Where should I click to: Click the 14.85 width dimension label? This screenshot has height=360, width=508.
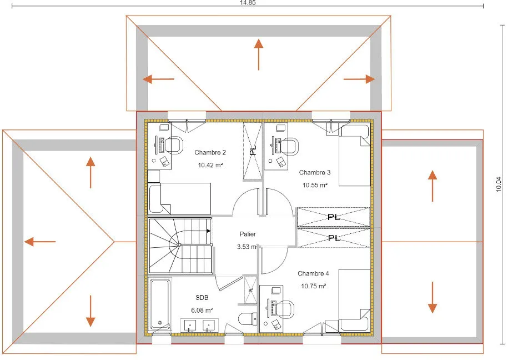click(x=248, y=3)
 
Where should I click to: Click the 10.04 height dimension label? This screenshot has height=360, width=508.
click(x=499, y=184)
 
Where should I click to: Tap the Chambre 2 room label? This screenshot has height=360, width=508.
click(x=210, y=152)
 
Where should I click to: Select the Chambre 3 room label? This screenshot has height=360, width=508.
click(x=315, y=173)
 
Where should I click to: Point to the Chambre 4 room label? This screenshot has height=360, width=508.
click(x=313, y=273)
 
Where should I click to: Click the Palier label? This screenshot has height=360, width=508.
click(x=248, y=234)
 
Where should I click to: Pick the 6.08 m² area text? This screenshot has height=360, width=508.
click(x=202, y=311)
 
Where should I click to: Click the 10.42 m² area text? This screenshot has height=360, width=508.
click(x=210, y=165)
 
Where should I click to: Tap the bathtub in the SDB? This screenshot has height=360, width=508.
click(x=160, y=304)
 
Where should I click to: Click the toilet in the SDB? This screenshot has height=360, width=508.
click(x=248, y=319)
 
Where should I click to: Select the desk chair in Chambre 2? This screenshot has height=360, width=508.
click(x=175, y=145)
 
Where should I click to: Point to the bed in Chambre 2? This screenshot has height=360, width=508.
click(x=179, y=198)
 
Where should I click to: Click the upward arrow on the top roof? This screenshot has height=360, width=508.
click(x=259, y=54)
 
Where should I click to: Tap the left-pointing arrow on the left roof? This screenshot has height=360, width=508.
click(x=40, y=242)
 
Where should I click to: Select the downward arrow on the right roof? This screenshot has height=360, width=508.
click(x=432, y=297)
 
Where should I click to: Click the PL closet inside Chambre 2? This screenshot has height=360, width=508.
click(x=253, y=151)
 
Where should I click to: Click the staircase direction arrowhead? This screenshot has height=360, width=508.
click(x=209, y=231)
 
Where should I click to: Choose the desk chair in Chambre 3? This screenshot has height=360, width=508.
click(x=289, y=147)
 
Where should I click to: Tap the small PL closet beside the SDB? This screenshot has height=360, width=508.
click(x=251, y=290)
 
